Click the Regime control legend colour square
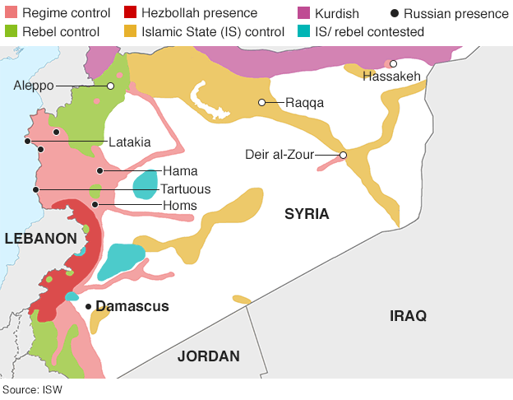click(x=10, y=13)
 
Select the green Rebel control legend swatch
click(x=10, y=31)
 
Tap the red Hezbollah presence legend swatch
click(x=130, y=13)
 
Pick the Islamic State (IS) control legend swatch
click(x=130, y=31)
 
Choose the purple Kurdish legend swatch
click(x=303, y=13)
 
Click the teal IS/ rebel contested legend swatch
click(x=303, y=31)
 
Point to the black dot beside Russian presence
click(x=395, y=14)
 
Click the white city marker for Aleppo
click(x=110, y=86)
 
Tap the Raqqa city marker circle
click(x=261, y=103)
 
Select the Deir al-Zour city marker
click(x=343, y=155)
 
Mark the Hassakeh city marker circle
click(x=394, y=63)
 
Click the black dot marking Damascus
click(x=89, y=306)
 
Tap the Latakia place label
click(x=130, y=142)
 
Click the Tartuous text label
click(x=185, y=188)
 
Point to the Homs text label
click(x=179, y=205)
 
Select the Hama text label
click(x=179, y=171)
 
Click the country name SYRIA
click(x=307, y=214)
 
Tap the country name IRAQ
click(x=409, y=315)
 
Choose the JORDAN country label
click(x=209, y=356)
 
